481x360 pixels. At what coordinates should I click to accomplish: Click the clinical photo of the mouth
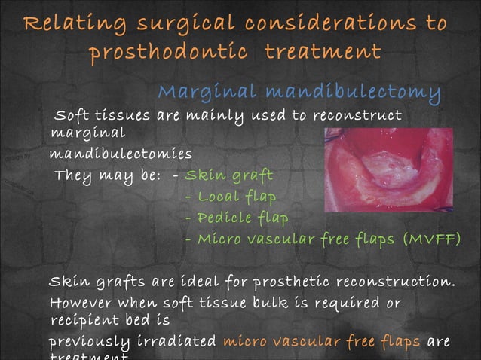click(x=388, y=169)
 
